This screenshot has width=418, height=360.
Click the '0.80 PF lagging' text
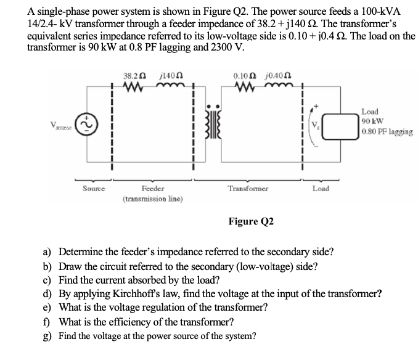(x=388, y=131)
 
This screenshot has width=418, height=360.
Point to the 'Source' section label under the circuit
(x=93, y=187)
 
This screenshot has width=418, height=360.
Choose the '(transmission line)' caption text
(x=152, y=198)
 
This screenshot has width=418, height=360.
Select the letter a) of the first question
(x=47, y=252)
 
